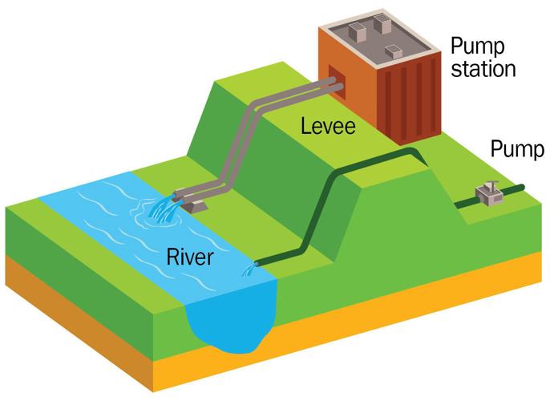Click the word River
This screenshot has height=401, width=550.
click(x=190, y=257)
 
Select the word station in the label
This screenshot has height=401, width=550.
click(x=482, y=69)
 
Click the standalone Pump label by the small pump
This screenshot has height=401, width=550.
click(x=517, y=149)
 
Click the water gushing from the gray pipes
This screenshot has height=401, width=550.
click(x=164, y=211)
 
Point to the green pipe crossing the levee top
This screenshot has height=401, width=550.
click(x=377, y=152)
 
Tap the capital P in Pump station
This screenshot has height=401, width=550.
click(x=456, y=45)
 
